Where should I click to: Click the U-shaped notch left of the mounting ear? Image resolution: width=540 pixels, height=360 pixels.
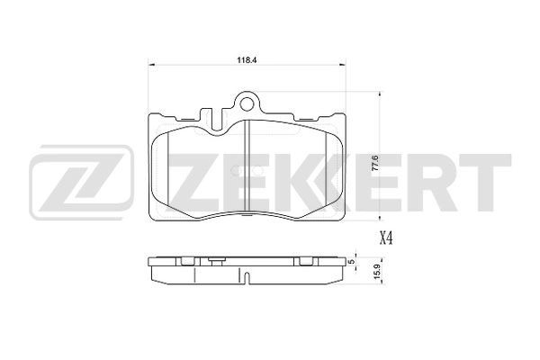(x=214, y=113)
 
